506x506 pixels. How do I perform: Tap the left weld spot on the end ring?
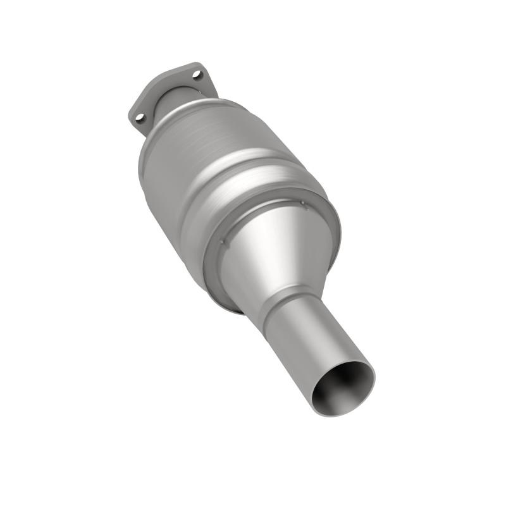(223, 241)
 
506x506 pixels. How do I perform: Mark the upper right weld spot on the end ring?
(302, 204)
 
